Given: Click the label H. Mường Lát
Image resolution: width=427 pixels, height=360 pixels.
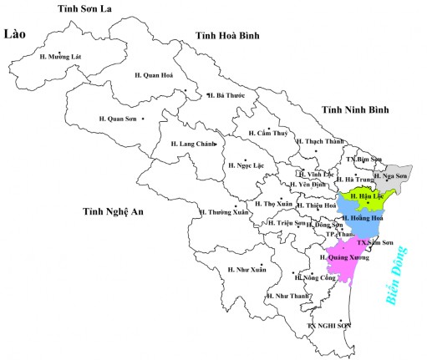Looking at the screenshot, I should [x=61, y=57].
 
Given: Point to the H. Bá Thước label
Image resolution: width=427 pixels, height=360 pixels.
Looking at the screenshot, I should [x=226, y=95].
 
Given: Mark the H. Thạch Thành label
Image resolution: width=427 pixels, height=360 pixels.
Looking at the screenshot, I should [x=320, y=141].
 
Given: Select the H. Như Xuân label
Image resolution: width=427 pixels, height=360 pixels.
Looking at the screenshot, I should [x=247, y=269].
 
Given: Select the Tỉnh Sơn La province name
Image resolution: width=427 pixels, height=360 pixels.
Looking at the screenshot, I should [x=85, y=8].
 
